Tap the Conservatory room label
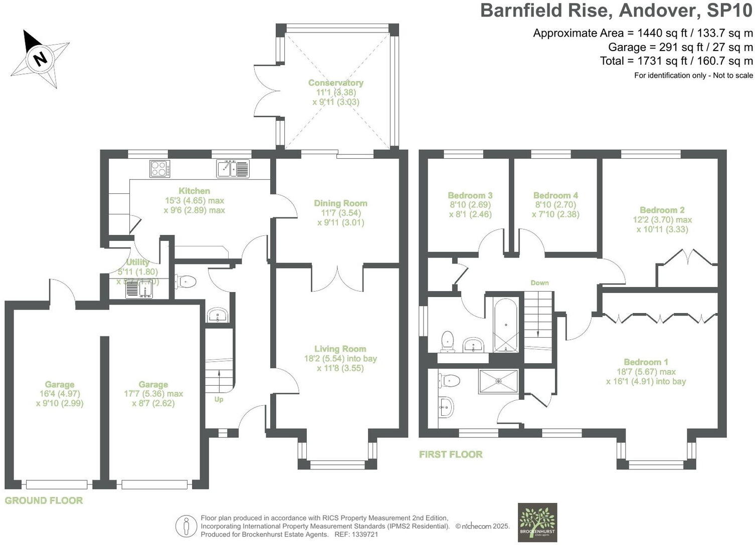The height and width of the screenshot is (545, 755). pyautogui.click(x=335, y=83)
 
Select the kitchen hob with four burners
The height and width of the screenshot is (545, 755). pyautogui.click(x=159, y=168)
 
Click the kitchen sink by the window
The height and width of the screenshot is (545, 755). pyautogui.click(x=233, y=168)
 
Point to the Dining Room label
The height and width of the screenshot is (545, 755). pyautogui.click(x=340, y=203)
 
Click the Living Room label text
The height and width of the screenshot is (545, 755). pyautogui.click(x=340, y=349)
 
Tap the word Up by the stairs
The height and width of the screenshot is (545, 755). pyautogui.click(x=219, y=399)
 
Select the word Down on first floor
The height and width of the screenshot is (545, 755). pyautogui.click(x=539, y=283)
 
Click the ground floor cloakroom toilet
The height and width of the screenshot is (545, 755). pyautogui.click(x=185, y=282)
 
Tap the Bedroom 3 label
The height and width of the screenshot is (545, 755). pyautogui.click(x=470, y=195)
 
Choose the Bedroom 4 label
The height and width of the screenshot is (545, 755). pyautogui.click(x=555, y=195)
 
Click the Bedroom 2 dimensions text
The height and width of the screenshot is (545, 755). pyautogui.click(x=662, y=224)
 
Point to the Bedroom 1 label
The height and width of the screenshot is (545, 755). pyautogui.click(x=646, y=362)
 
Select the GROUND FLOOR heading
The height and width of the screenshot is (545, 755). pyautogui.click(x=44, y=500)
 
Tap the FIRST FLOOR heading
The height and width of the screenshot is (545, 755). pyautogui.click(x=451, y=454)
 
